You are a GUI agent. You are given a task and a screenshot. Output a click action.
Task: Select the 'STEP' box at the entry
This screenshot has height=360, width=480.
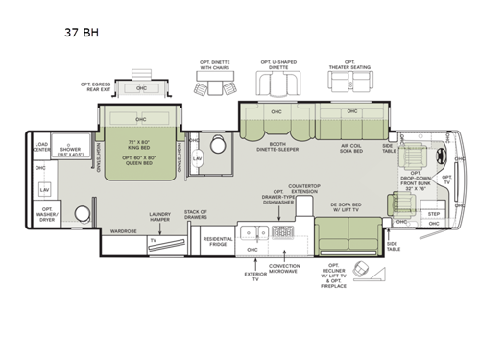coord(432,213)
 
